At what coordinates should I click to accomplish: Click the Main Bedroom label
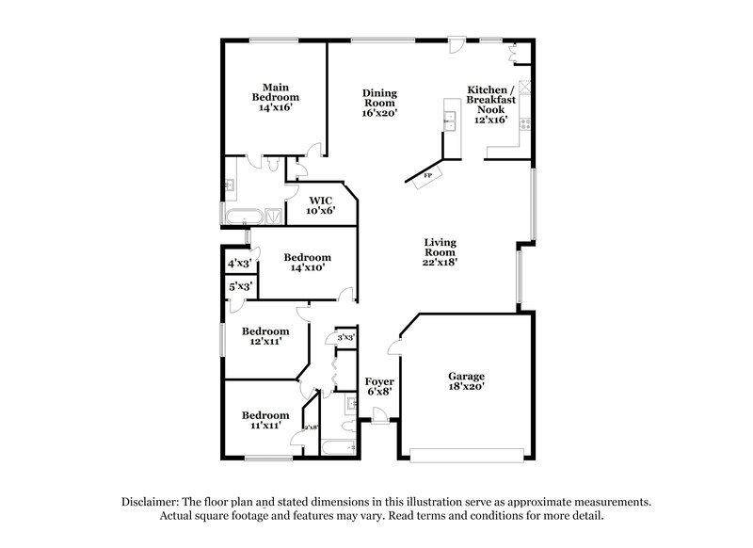point(275,97)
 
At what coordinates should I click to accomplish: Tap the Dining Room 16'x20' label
point(380,103)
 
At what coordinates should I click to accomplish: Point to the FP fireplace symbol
point(426,176)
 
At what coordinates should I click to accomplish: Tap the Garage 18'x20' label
point(466,380)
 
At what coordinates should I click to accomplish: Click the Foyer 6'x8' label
point(379,386)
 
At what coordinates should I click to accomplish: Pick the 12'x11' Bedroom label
point(264,336)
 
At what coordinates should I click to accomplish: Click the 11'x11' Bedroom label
point(264,420)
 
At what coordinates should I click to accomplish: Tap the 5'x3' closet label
point(240,285)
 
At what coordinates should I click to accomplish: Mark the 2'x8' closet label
point(310,428)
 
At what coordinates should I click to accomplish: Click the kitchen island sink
point(451,119)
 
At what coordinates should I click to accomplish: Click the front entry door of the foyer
point(378,415)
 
